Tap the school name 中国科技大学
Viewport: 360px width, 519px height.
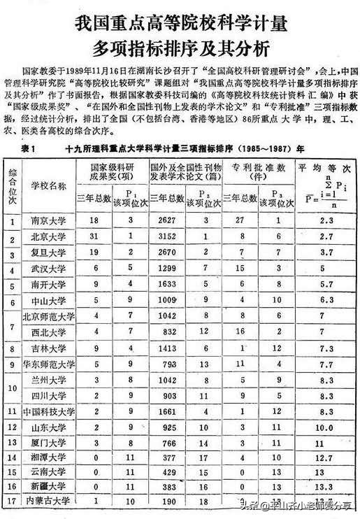(48, 411)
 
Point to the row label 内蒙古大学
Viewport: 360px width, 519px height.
(48, 501)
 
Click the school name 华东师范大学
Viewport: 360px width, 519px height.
(48, 364)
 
